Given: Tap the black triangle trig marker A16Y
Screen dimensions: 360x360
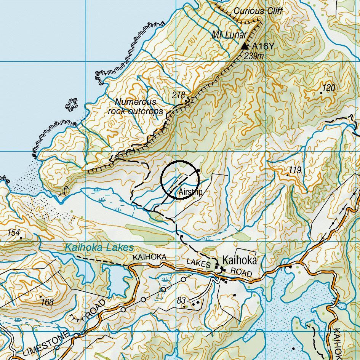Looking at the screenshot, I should tap(245, 46).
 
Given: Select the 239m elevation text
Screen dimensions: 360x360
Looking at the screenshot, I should tap(254, 56).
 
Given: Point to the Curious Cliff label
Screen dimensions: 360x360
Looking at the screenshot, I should tap(258, 11).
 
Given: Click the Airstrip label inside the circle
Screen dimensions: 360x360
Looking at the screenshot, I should tap(190, 192).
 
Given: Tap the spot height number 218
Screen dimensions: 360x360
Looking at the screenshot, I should tap(178, 95).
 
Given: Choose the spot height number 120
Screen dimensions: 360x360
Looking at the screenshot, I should tap(329, 88).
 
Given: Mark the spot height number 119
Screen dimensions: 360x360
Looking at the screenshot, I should tap(295, 170).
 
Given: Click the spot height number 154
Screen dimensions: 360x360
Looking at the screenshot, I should tap(14, 232).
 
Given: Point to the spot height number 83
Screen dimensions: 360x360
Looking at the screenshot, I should tap(181, 301).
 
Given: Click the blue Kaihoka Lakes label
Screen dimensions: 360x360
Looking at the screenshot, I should tap(99, 247).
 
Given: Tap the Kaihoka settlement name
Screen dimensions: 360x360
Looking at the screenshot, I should tap(240, 261).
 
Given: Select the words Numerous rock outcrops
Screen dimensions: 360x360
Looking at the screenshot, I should tap(136, 107).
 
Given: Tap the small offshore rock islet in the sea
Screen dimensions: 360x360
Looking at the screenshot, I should tap(71, 105).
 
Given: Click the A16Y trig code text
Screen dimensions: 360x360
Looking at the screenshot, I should tap(262, 46).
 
